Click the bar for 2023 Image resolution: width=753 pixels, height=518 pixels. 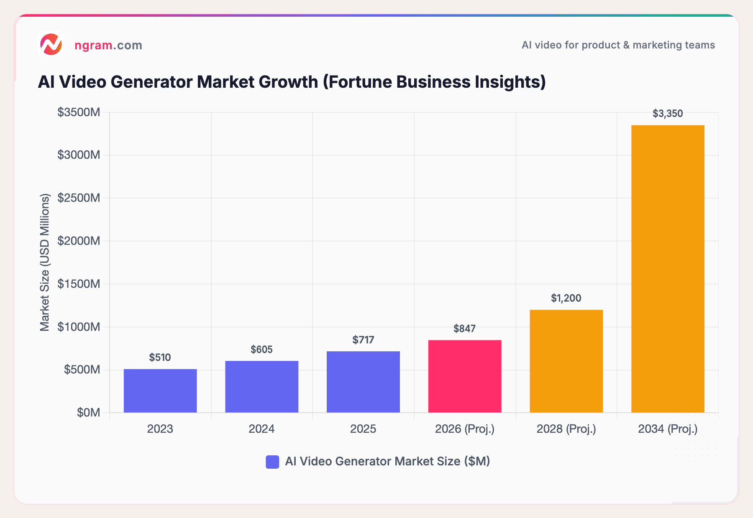pyautogui.click(x=160, y=391)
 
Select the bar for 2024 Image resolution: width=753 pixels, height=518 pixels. pyautogui.click(x=261, y=386)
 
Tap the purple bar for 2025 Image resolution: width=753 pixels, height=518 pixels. pyautogui.click(x=363, y=382)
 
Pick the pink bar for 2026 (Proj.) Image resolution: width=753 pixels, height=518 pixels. pyautogui.click(x=465, y=376)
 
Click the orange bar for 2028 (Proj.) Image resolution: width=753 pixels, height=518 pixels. pyautogui.click(x=566, y=361)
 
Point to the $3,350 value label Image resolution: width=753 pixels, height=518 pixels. pyautogui.click(x=668, y=114)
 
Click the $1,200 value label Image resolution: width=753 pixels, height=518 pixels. pyautogui.click(x=566, y=298)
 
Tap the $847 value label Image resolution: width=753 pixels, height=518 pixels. pyautogui.click(x=464, y=329)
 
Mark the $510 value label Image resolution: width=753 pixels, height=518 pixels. pyautogui.click(x=160, y=358)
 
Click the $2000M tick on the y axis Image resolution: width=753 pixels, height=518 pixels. pyautogui.click(x=79, y=241)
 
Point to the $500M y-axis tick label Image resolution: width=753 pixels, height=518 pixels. pyautogui.click(x=82, y=370)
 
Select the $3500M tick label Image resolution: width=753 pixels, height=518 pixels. pyautogui.click(x=79, y=112)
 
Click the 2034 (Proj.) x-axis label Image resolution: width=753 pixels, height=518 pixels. pyautogui.click(x=668, y=429)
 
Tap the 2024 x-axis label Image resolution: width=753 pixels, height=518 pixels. pyautogui.click(x=261, y=429)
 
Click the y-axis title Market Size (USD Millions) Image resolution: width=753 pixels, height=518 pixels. pyautogui.click(x=45, y=262)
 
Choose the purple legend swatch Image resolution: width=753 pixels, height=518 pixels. pyautogui.click(x=272, y=462)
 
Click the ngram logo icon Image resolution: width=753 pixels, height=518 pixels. pyautogui.click(x=51, y=44)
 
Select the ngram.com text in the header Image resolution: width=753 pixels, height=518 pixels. pyautogui.click(x=108, y=45)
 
